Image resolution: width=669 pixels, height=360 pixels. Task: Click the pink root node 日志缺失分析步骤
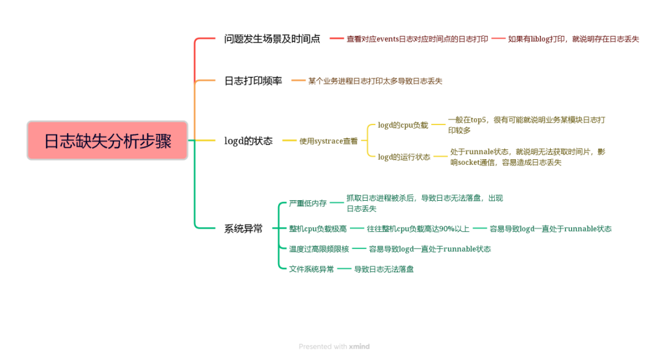(x=107, y=141)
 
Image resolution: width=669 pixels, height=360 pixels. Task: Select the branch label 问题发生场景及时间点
(x=272, y=39)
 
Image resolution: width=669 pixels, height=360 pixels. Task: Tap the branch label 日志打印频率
(x=253, y=81)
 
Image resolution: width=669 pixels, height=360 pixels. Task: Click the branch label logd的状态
(x=248, y=141)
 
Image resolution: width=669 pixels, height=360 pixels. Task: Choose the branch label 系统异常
(x=243, y=229)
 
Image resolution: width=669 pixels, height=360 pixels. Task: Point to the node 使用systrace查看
(x=328, y=141)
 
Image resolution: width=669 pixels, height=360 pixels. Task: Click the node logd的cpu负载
(x=403, y=125)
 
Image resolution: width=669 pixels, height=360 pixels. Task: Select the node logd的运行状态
(x=404, y=157)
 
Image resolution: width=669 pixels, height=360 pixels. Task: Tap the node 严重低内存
(x=307, y=203)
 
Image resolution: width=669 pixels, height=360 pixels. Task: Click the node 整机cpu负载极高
(x=318, y=229)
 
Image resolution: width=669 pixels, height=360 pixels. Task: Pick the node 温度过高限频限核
(x=318, y=249)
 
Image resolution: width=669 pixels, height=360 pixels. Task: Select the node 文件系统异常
(x=311, y=269)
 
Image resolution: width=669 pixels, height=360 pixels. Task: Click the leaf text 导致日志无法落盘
(x=383, y=269)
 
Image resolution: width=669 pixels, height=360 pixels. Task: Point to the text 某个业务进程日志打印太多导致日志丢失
(x=375, y=81)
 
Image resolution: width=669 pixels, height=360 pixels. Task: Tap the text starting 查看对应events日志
(x=417, y=39)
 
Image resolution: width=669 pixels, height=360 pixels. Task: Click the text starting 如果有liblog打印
(x=573, y=39)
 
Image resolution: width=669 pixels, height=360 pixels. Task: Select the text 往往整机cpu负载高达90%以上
(x=418, y=229)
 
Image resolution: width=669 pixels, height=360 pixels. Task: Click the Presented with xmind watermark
(x=334, y=346)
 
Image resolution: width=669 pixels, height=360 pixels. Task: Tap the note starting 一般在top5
(x=526, y=125)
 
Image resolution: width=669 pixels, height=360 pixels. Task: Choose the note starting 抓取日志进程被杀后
(x=424, y=203)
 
